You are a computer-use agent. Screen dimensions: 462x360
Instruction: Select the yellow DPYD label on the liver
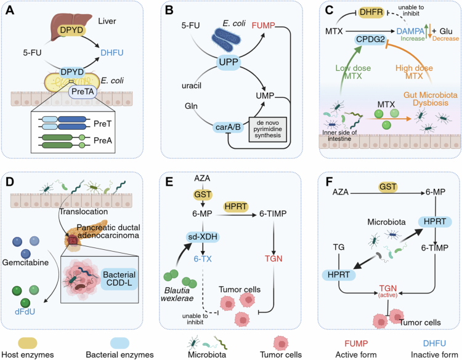pyautogui.click(x=71, y=30)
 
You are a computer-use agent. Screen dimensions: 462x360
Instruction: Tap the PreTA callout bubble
pyautogui.click(x=83, y=92)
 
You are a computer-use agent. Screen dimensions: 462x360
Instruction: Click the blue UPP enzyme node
pyautogui.click(x=229, y=62)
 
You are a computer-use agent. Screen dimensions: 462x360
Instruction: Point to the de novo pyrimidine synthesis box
pyautogui.click(x=267, y=129)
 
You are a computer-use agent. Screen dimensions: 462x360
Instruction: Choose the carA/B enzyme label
pyautogui.click(x=229, y=127)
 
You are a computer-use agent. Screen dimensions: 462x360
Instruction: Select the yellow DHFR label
pyautogui.click(x=371, y=12)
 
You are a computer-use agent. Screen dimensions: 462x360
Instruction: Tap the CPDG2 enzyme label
pyautogui.click(x=370, y=39)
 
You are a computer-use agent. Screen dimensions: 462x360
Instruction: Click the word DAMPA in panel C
pyautogui.click(x=411, y=31)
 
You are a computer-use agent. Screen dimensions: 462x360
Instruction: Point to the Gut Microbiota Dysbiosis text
pyautogui.click(x=431, y=99)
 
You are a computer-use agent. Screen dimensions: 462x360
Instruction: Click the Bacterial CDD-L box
pyautogui.click(x=120, y=279)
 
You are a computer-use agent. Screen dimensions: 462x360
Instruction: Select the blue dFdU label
pyautogui.click(x=25, y=311)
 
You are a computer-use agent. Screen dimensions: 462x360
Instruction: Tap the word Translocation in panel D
pyautogui.click(x=84, y=212)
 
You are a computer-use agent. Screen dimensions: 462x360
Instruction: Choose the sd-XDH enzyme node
pyautogui.click(x=203, y=237)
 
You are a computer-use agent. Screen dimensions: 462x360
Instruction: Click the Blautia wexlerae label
pyautogui.click(x=177, y=294)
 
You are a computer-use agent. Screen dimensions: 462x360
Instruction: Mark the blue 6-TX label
pyautogui.click(x=203, y=259)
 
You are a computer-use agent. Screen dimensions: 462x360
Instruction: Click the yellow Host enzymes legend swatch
pyautogui.click(x=28, y=343)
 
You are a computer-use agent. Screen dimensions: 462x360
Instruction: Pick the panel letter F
pyautogui.click(x=329, y=182)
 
